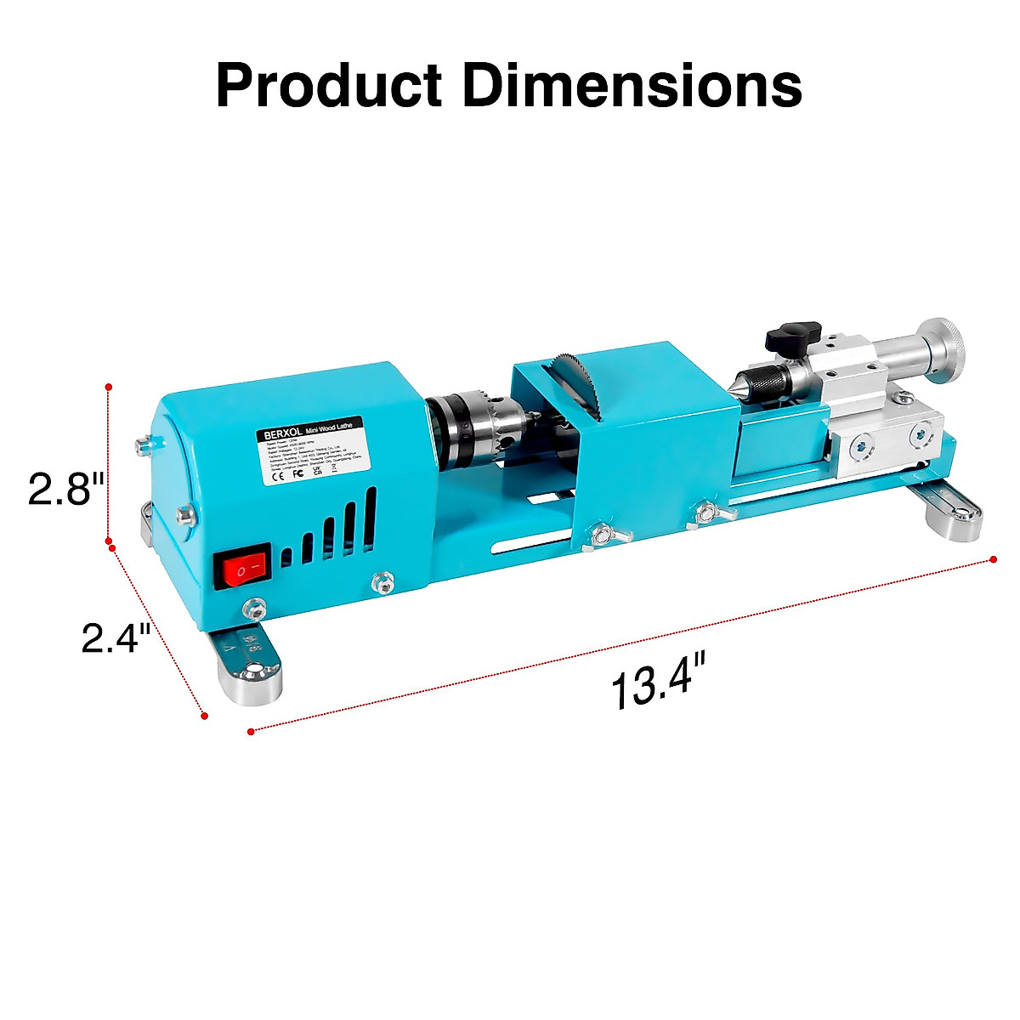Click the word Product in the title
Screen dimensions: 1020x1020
click(328, 85)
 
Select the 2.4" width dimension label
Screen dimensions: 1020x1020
click(116, 637)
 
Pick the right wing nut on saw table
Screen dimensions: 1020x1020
click(705, 513)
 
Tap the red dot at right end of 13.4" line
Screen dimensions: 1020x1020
click(994, 558)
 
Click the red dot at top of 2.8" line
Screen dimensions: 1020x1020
click(108, 387)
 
